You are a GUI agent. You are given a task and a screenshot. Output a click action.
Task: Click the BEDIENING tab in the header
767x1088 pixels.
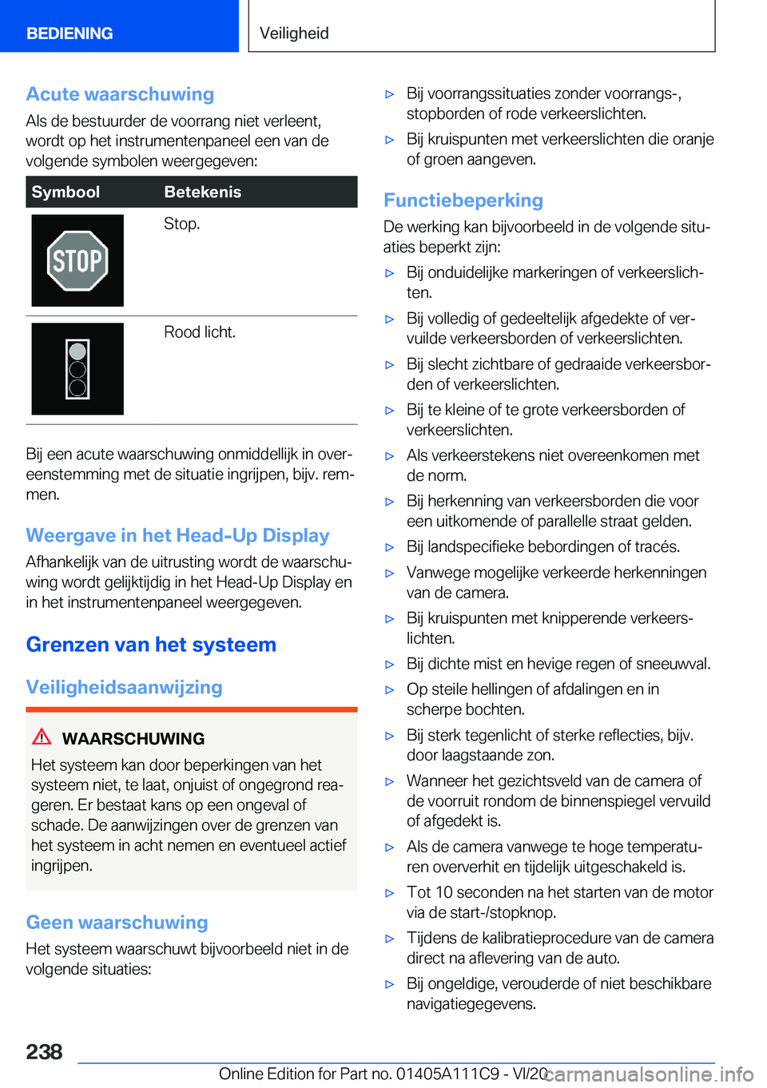point(70,34)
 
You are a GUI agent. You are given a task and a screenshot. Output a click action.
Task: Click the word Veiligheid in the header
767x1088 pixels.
point(294,34)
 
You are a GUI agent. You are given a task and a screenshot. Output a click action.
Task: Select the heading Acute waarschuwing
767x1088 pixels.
point(120,94)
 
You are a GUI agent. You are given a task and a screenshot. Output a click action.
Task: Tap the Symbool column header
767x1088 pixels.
point(66,192)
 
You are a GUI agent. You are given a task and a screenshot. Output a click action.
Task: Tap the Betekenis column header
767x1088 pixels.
point(202,192)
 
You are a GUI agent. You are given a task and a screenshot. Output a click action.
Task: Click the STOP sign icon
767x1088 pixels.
point(77,260)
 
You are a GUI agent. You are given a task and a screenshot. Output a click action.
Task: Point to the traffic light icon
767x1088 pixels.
point(77,369)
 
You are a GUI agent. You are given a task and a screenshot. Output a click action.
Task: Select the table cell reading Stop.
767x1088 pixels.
point(181,224)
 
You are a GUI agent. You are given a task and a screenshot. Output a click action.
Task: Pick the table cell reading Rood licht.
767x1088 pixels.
point(200,332)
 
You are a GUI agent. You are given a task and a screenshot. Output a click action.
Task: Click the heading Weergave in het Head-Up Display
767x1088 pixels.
point(177,535)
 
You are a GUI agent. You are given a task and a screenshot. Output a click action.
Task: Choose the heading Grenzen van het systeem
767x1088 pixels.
point(151,645)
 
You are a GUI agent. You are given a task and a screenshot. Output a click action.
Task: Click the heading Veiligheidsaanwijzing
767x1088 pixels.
point(124,687)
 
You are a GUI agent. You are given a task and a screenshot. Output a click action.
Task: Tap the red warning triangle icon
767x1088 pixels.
point(42,737)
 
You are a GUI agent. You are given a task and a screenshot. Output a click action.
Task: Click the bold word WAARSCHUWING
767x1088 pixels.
point(133,739)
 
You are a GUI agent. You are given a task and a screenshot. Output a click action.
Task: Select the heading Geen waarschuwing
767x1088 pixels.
point(117,923)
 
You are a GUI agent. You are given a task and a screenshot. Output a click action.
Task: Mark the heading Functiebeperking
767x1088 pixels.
point(463,201)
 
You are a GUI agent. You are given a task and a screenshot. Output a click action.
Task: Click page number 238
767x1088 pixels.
point(44,1051)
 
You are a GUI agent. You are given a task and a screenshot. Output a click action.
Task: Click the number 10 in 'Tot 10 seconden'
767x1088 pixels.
point(444,892)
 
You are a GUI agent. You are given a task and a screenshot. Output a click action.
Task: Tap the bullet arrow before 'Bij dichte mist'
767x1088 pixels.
point(390,665)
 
